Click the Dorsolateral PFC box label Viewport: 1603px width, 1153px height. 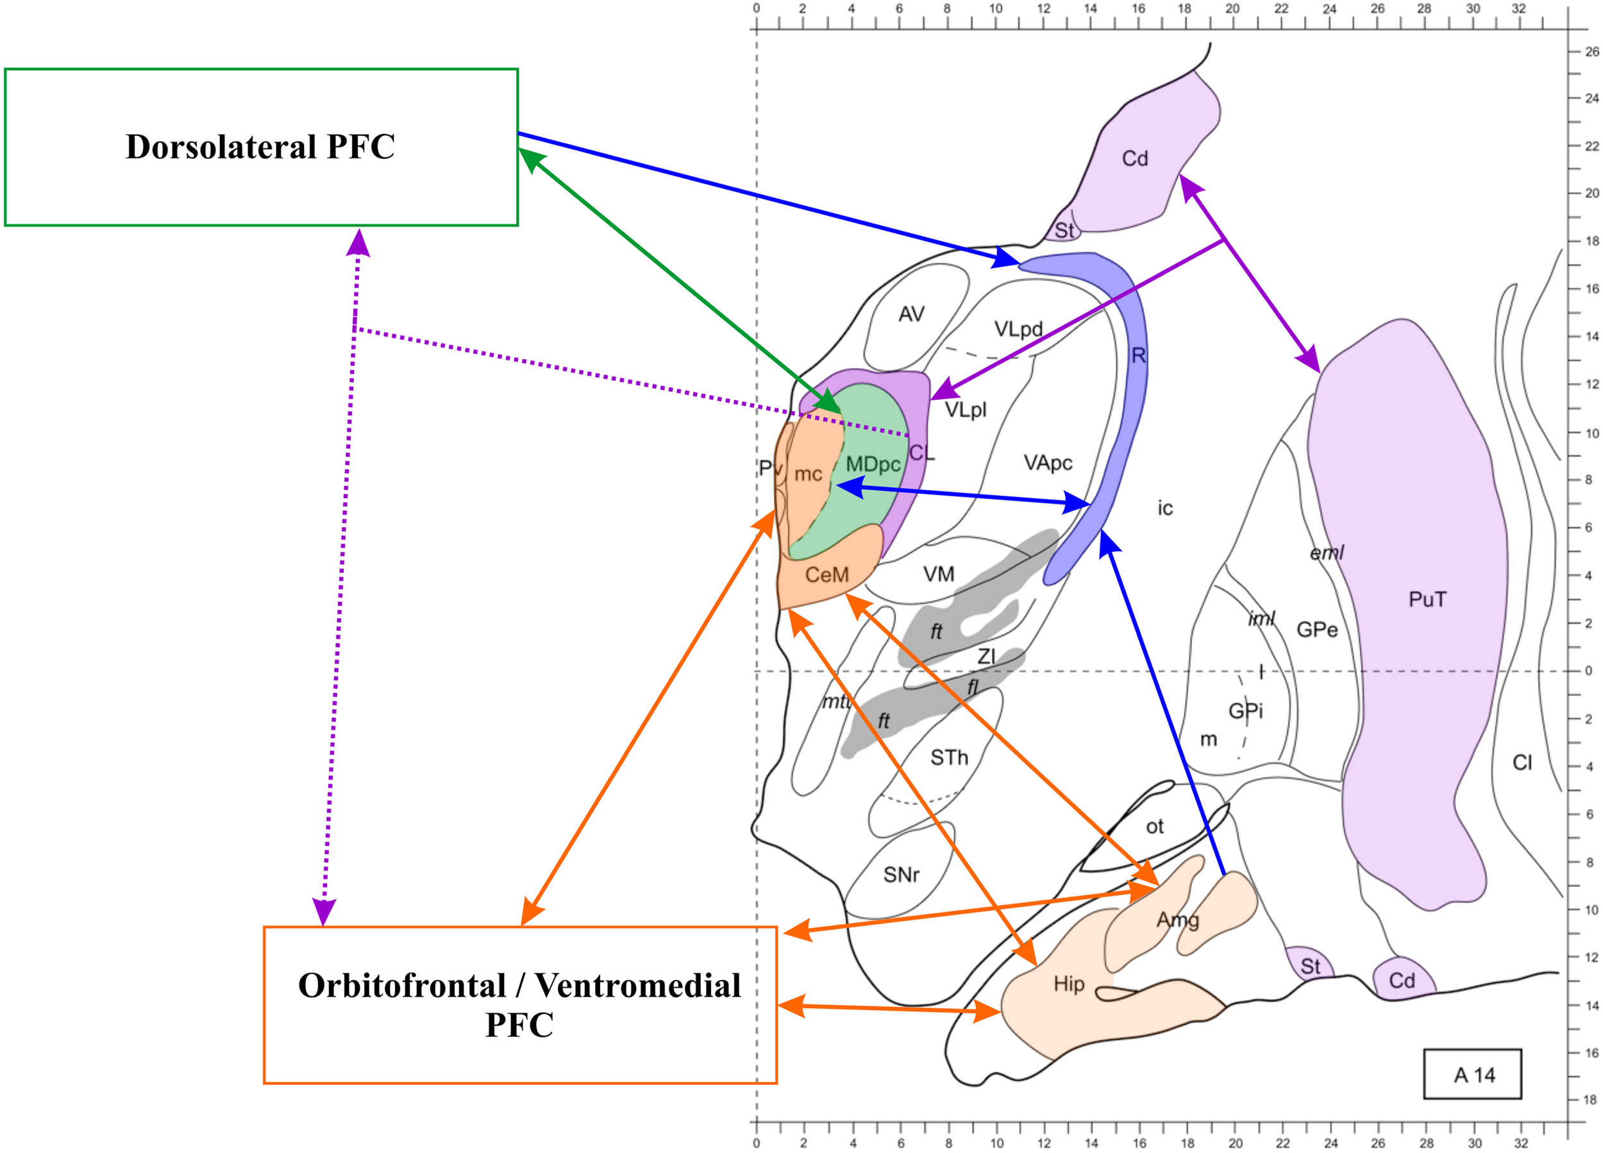click(x=260, y=147)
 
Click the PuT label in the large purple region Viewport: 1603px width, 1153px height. click(x=1427, y=599)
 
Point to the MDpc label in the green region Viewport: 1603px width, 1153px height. click(x=873, y=464)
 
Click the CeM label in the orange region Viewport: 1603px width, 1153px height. click(x=827, y=574)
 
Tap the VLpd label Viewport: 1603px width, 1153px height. click(x=1018, y=329)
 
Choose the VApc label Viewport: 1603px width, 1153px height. click(x=1048, y=463)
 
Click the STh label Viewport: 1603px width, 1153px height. click(x=948, y=758)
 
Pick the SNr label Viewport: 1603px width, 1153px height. click(x=901, y=875)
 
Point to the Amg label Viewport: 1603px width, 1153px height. click(x=1177, y=920)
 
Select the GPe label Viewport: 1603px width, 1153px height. click(x=1317, y=629)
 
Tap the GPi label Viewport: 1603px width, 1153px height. click(x=1245, y=710)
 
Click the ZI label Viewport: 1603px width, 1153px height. click(x=987, y=656)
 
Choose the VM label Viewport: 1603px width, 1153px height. click(x=939, y=574)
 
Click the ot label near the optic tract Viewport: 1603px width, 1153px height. click(x=1154, y=826)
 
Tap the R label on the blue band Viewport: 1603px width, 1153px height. click(x=1138, y=355)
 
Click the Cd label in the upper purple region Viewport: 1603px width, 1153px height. click(x=1134, y=158)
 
